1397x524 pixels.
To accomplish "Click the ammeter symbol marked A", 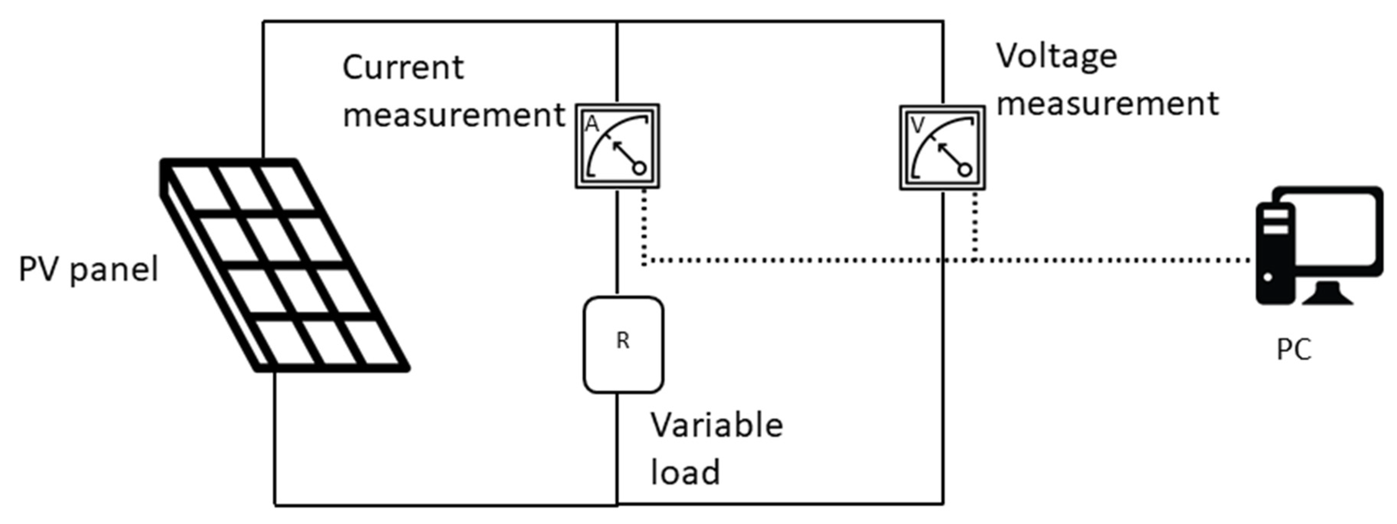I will tap(617, 146).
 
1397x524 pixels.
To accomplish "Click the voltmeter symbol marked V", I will tap(942, 148).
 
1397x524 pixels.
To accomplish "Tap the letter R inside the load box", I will tap(623, 341).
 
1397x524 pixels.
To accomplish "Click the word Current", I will tap(403, 68).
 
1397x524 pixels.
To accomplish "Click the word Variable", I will tap(717, 425).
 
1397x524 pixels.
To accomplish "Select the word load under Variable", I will tap(685, 471).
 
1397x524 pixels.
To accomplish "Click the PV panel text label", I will tap(89, 269).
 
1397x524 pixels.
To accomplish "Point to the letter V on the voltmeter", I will tap(917, 126).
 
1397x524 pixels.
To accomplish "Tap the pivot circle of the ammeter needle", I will tap(639, 168).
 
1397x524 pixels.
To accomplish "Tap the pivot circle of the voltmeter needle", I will tap(964, 170).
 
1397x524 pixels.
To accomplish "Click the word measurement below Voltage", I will tap(1108, 103).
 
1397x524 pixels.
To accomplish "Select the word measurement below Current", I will tap(454, 115).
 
